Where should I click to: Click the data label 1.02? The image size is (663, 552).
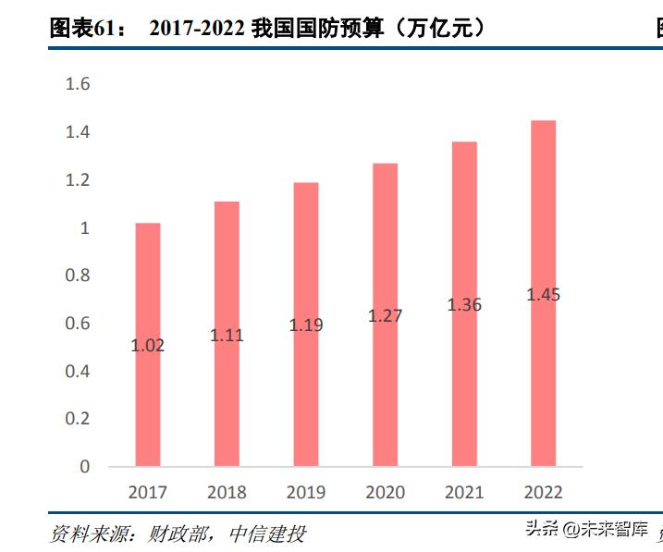(x=148, y=346)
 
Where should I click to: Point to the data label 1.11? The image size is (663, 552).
(x=227, y=336)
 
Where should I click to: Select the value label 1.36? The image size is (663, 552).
(x=464, y=305)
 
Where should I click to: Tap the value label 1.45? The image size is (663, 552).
(x=543, y=295)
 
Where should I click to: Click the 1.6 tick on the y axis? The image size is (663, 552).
(x=78, y=85)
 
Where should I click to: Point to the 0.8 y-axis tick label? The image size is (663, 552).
(x=78, y=276)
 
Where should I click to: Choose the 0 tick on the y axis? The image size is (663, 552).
(x=85, y=467)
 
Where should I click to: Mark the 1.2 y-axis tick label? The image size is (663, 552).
(x=78, y=180)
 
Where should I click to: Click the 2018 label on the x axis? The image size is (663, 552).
(x=227, y=493)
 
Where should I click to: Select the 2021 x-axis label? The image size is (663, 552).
(x=464, y=493)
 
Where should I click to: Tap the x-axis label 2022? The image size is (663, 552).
(x=543, y=493)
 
